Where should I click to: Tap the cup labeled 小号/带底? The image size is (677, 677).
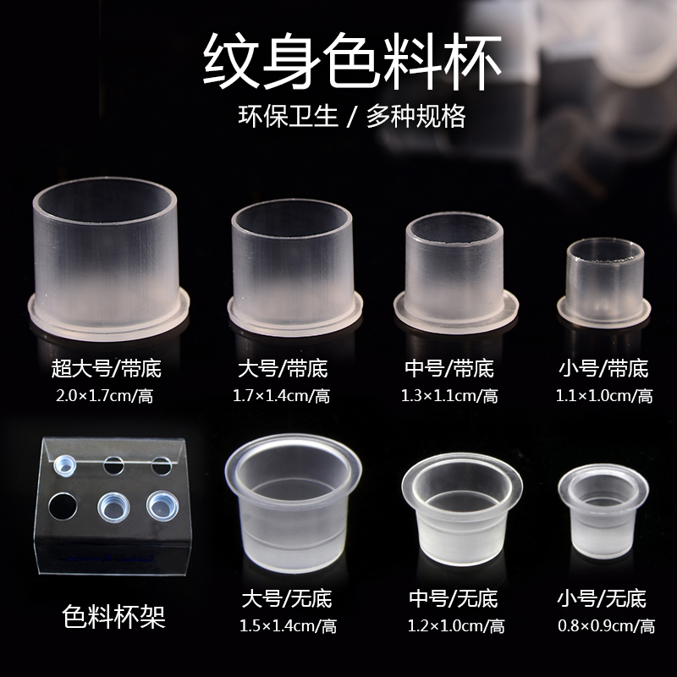604,280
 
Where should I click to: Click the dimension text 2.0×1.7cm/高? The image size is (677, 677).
106,394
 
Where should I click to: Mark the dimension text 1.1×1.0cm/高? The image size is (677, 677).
604,395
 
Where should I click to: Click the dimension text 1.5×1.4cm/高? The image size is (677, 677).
289,626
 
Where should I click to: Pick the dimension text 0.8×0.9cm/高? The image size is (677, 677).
606,626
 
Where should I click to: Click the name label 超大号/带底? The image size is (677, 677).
106,368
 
